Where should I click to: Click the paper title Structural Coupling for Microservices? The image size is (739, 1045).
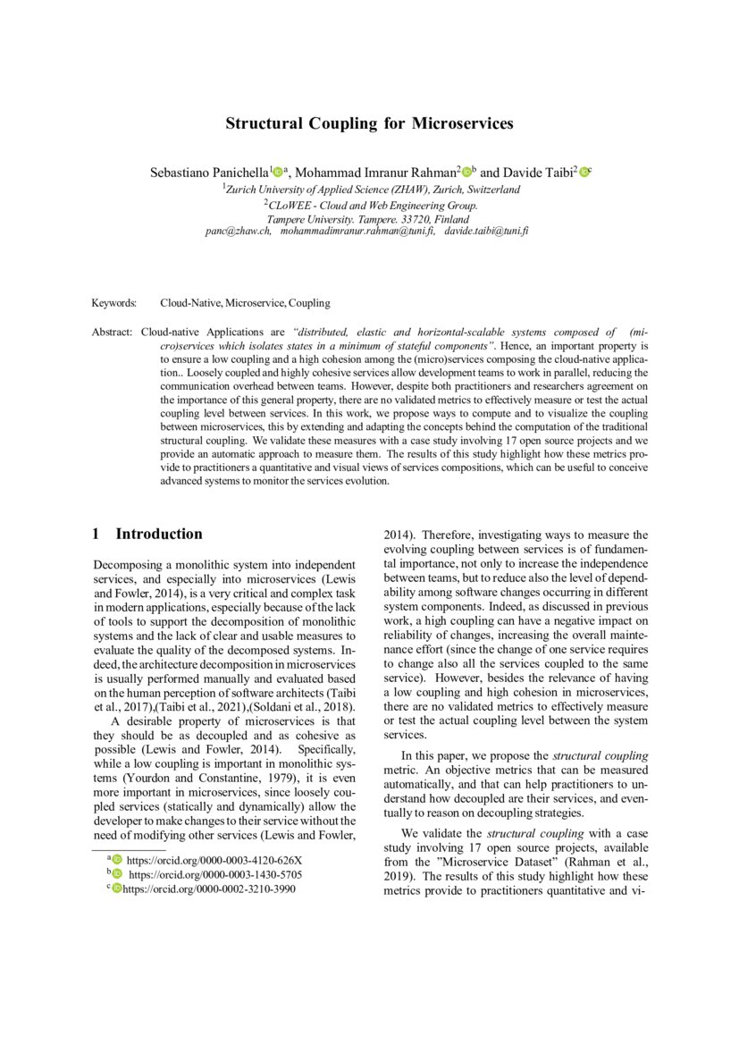(x=369, y=123)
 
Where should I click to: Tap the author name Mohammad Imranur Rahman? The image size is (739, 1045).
(x=375, y=172)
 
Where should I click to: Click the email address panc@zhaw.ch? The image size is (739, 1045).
(x=238, y=231)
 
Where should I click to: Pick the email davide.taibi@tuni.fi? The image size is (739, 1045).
(x=487, y=231)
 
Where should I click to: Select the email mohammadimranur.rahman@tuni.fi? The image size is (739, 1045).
(x=357, y=231)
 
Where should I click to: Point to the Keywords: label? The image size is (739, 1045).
(x=113, y=303)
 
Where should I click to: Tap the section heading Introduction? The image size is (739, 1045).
(x=158, y=535)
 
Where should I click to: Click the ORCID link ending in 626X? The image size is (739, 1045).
(x=215, y=861)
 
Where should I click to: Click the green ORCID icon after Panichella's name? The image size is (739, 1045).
(x=277, y=172)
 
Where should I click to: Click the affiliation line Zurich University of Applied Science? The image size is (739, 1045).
(x=371, y=190)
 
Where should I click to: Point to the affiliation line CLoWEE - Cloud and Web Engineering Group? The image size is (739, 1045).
(x=371, y=205)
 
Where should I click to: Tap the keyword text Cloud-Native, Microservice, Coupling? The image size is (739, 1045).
(x=245, y=303)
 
